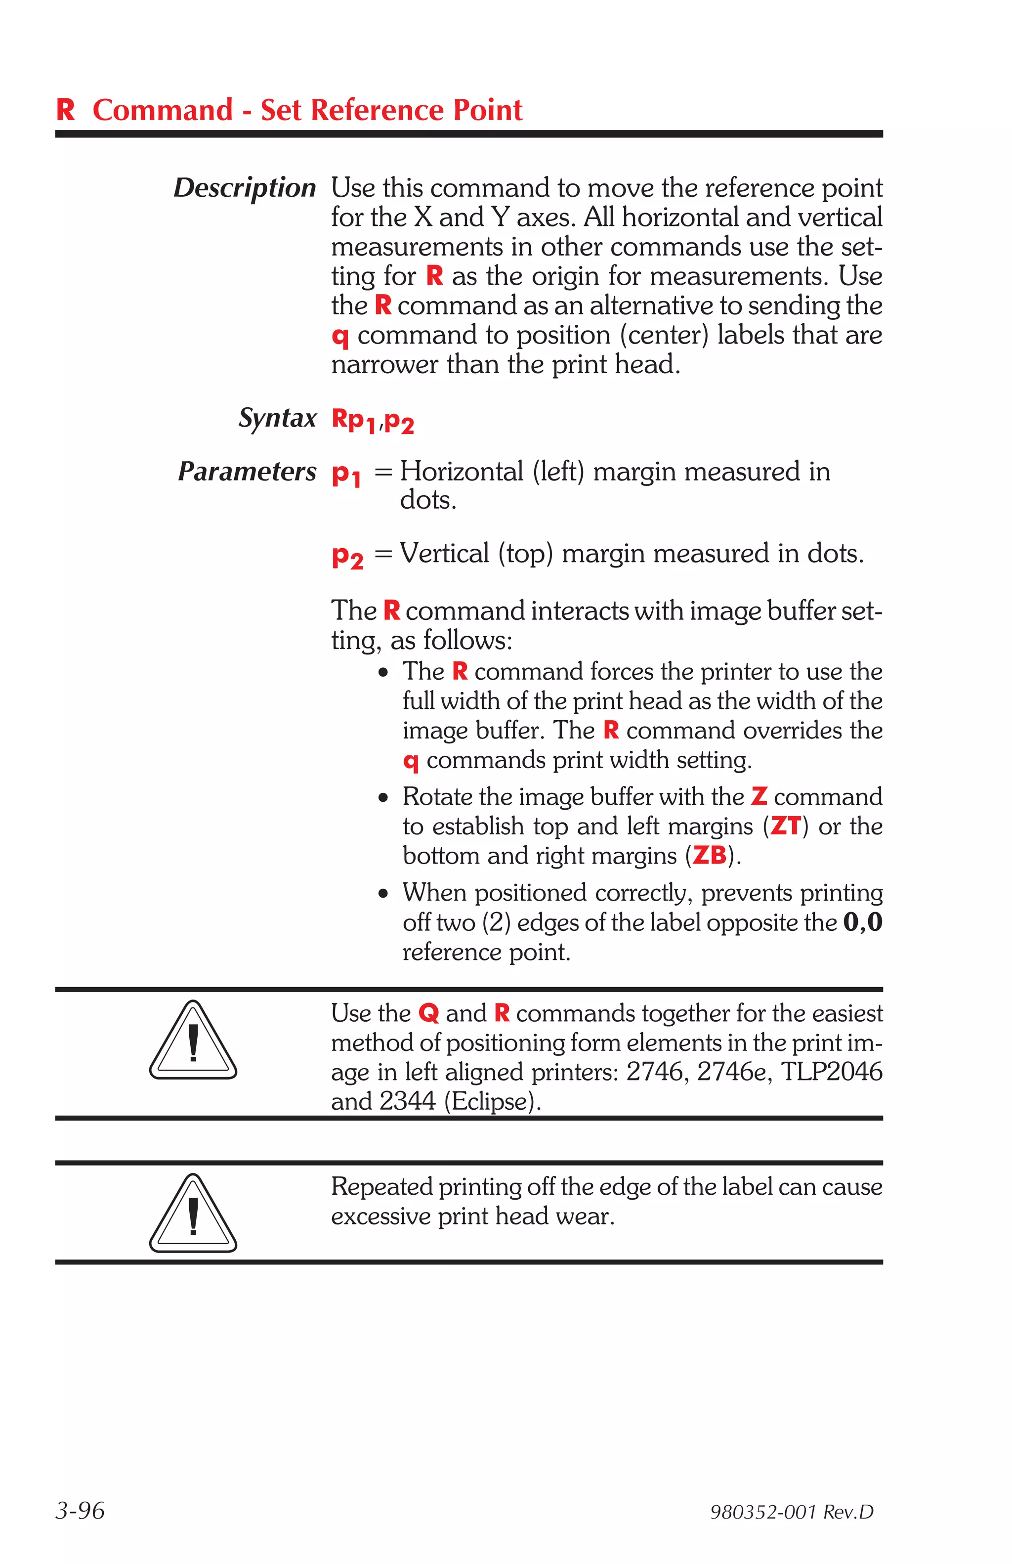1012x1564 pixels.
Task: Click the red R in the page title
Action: point(66,110)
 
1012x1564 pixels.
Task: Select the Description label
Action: point(244,188)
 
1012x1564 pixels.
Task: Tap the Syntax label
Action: point(277,418)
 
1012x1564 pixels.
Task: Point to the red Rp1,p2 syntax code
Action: point(373,421)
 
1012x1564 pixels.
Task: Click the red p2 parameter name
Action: point(347,556)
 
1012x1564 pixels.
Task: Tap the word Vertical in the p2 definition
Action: point(444,553)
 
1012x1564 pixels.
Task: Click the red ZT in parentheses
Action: point(785,825)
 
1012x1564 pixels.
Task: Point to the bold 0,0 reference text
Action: point(862,922)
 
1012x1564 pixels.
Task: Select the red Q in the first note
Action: point(428,1013)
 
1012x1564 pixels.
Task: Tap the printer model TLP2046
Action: point(831,1072)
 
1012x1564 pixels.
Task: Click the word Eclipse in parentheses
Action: point(492,1101)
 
